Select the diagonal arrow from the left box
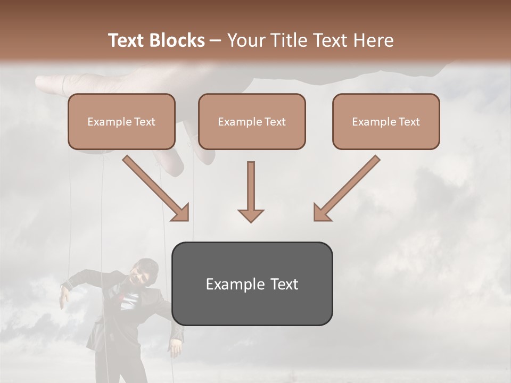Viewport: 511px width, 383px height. pos(157,189)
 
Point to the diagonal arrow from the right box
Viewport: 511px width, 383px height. pos(346,189)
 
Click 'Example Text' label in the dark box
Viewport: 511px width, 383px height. pos(252,284)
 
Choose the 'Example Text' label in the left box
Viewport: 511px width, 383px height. pos(121,122)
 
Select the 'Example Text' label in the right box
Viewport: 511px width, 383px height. pos(386,122)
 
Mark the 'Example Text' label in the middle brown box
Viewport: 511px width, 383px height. pos(252,122)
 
